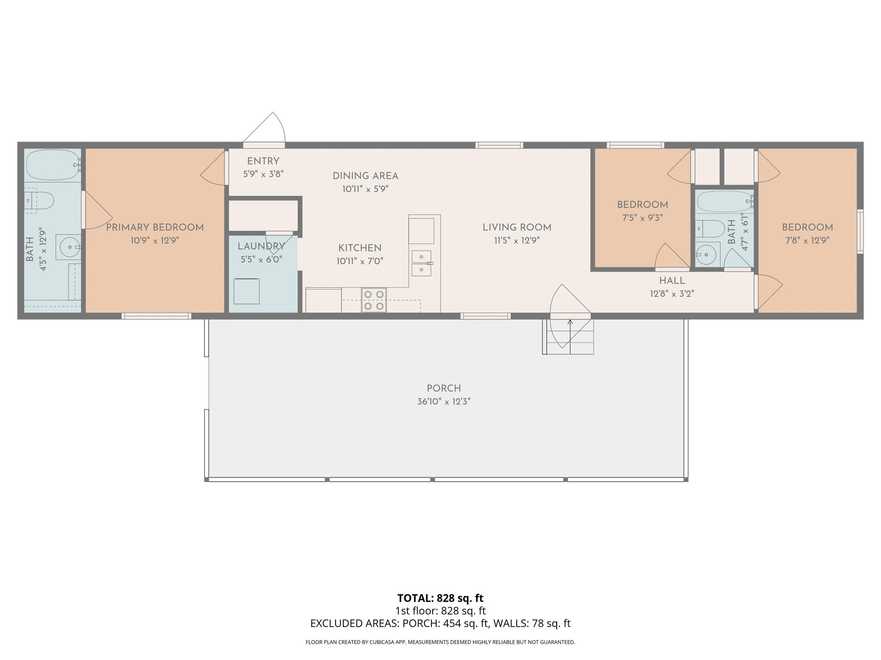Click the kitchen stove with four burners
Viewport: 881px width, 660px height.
click(x=373, y=300)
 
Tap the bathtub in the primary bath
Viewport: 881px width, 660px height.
click(x=52, y=165)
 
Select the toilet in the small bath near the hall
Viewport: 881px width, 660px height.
click(x=710, y=229)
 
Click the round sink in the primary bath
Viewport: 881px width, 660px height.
click(x=68, y=247)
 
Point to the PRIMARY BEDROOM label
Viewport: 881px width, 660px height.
click(x=155, y=227)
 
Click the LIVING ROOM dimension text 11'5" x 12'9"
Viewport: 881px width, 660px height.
click(x=517, y=241)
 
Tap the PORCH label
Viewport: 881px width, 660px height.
click(x=444, y=388)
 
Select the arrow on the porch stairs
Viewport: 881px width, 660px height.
click(x=570, y=322)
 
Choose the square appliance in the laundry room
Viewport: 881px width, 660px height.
click(x=246, y=291)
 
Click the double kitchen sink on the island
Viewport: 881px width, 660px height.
click(x=421, y=263)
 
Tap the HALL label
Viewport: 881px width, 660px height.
click(x=672, y=281)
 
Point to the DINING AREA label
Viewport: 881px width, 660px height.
click(x=365, y=176)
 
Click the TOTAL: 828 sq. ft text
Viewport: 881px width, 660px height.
click(x=440, y=598)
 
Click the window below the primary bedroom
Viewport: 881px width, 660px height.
click(x=156, y=316)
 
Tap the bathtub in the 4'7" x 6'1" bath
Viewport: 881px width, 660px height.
click(x=724, y=202)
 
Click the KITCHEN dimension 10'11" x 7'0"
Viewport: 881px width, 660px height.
click(x=360, y=261)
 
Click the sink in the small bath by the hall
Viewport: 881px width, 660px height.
click(x=706, y=254)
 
